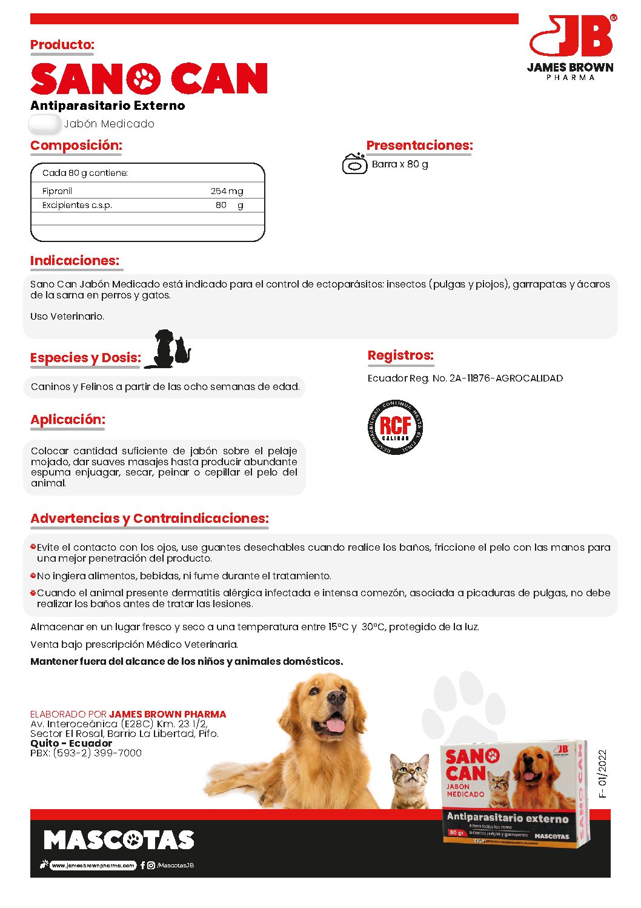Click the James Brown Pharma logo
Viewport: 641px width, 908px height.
click(x=570, y=47)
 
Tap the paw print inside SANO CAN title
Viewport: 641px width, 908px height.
click(x=144, y=79)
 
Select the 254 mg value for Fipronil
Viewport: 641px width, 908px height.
click(x=227, y=191)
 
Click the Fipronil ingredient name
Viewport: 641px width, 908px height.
click(x=57, y=191)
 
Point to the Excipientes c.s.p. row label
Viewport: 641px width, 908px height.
click(x=77, y=206)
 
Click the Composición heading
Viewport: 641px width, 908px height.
click(x=76, y=146)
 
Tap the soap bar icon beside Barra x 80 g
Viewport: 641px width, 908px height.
click(x=354, y=164)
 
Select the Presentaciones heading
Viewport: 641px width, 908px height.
click(x=419, y=146)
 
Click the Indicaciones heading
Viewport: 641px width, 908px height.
click(x=75, y=261)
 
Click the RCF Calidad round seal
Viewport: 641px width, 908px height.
click(x=395, y=427)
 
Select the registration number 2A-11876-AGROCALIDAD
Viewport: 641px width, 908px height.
click(x=506, y=378)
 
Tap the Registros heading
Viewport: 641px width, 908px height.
click(x=400, y=355)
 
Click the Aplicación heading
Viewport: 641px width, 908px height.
click(x=68, y=420)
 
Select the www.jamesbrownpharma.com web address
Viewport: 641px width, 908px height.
click(x=93, y=866)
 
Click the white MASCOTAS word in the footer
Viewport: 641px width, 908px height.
click(x=119, y=840)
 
